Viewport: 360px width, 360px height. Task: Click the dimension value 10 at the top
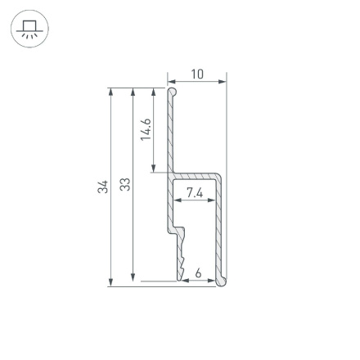coord(197,74)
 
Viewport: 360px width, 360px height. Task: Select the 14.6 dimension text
coord(146,129)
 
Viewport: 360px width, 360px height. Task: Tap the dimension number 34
coord(102,187)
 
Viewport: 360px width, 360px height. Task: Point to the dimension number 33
coord(124,186)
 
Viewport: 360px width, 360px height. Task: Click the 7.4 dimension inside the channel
coord(195,192)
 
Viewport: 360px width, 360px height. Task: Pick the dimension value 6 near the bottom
coord(198,272)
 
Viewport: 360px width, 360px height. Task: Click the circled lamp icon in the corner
coord(29,29)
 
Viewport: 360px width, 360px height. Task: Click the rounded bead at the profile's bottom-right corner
coord(221,281)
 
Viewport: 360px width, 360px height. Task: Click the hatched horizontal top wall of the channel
coord(196,176)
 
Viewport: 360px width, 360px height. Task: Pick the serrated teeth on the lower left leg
coord(178,245)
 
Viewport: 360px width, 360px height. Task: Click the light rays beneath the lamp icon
coord(29,36)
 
